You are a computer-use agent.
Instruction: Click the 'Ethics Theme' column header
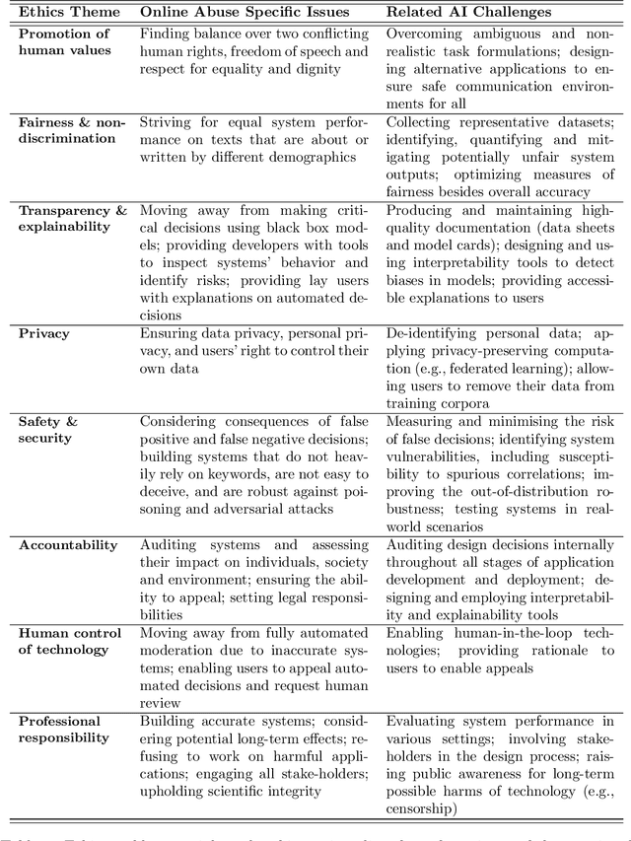pos(69,13)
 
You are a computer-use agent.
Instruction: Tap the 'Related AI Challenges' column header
pos(469,13)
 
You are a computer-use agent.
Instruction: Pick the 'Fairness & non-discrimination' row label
pos(72,130)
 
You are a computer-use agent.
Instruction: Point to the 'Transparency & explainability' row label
pos(72,219)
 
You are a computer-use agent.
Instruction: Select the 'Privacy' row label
pos(44,334)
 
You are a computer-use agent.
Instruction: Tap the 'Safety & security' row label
pos(47,430)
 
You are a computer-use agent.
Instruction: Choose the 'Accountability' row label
pos(68,545)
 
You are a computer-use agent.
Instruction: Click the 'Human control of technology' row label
pos(70,641)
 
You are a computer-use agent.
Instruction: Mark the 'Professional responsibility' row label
pos(64,730)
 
